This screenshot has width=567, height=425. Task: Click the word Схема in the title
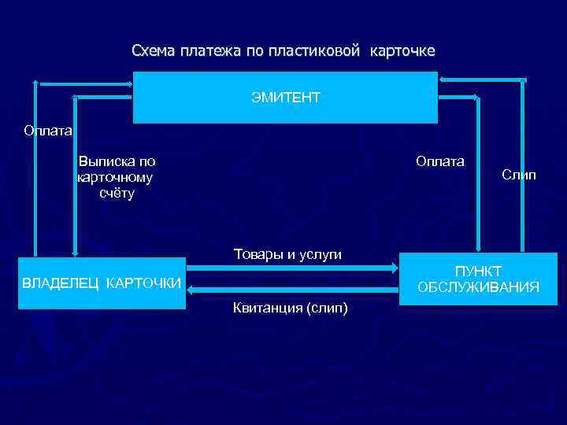pyautogui.click(x=154, y=51)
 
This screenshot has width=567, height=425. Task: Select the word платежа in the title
pyautogui.click(x=210, y=51)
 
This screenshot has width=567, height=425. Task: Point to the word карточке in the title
pyautogui.click(x=402, y=51)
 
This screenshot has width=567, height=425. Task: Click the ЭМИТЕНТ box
pyautogui.click(x=285, y=98)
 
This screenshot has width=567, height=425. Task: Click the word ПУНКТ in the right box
pyautogui.click(x=478, y=271)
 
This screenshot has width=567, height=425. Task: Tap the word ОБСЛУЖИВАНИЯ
pyautogui.click(x=478, y=287)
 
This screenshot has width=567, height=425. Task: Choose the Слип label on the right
pyautogui.click(x=518, y=175)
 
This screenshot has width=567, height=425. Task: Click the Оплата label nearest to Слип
pyautogui.click(x=440, y=161)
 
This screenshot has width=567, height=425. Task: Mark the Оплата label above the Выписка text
pyautogui.click(x=47, y=131)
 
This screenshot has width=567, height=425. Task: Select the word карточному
pyautogui.click(x=115, y=177)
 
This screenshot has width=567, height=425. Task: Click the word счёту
pyautogui.click(x=117, y=193)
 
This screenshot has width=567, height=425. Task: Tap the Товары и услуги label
pyautogui.click(x=287, y=254)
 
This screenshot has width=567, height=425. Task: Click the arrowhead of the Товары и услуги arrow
pyautogui.click(x=395, y=268)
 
